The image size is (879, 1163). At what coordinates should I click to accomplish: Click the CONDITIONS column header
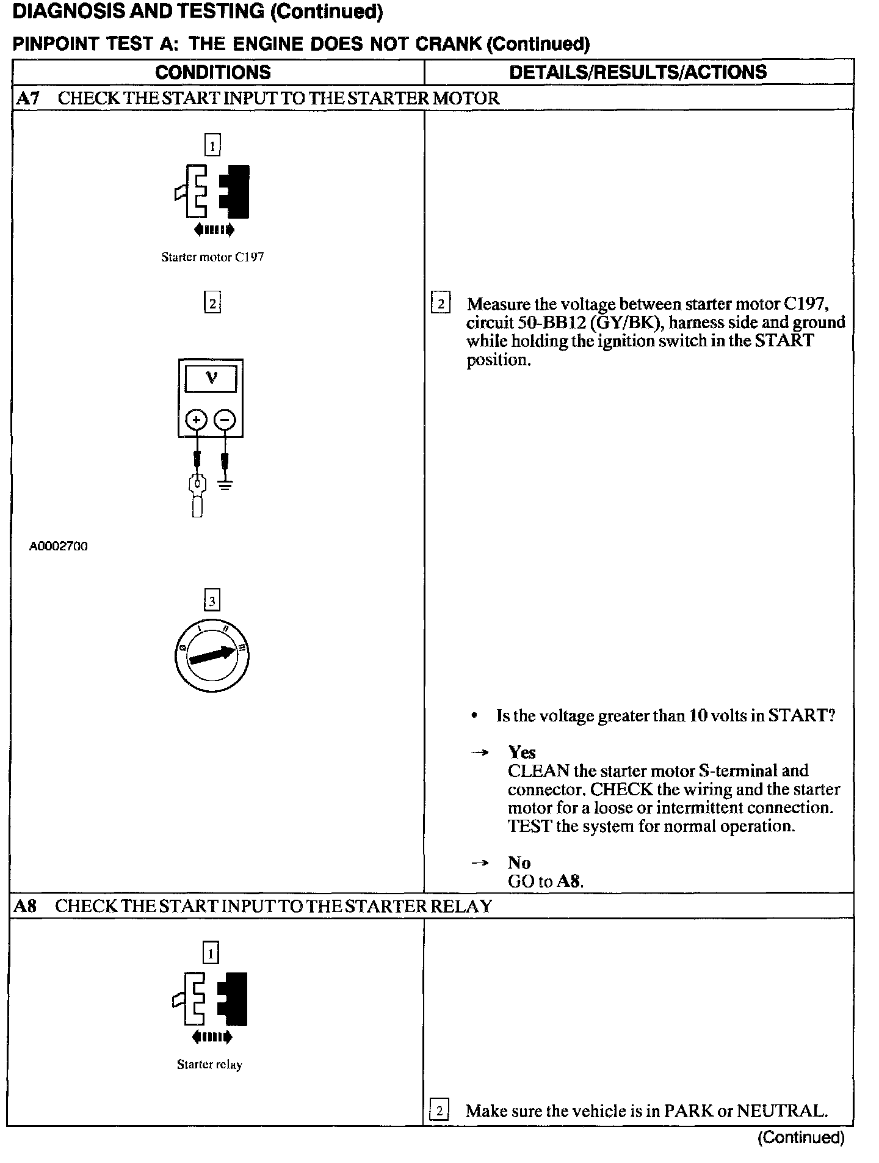coord(212,72)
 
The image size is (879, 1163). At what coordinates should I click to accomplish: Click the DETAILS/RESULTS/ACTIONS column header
coord(638,72)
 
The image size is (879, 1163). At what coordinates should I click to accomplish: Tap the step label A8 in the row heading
coord(26,906)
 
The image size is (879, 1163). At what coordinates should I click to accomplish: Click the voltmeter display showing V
coord(211,379)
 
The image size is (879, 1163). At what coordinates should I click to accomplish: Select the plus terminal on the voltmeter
coord(197,420)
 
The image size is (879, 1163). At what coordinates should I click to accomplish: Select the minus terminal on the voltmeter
coord(225,420)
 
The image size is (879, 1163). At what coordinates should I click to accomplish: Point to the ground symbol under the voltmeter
coord(225,486)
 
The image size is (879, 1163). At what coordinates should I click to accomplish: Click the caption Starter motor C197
coord(212,257)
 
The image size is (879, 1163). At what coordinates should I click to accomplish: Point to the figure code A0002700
coord(59,547)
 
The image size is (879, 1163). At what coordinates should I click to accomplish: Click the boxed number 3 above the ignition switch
coord(212,601)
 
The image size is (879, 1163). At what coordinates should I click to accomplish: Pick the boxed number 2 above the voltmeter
coord(212,303)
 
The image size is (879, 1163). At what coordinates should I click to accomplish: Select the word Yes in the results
coord(522,753)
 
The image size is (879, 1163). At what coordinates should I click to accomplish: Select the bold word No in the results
coord(519,863)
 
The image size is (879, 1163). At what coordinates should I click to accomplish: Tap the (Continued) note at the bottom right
coord(801,1137)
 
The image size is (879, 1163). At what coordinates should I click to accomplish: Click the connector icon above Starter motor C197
coord(212,192)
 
